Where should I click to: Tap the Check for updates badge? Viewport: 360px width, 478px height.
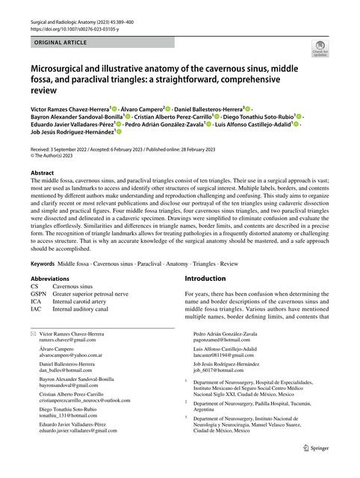point(320,50)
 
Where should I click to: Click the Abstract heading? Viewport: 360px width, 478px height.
point(43,172)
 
